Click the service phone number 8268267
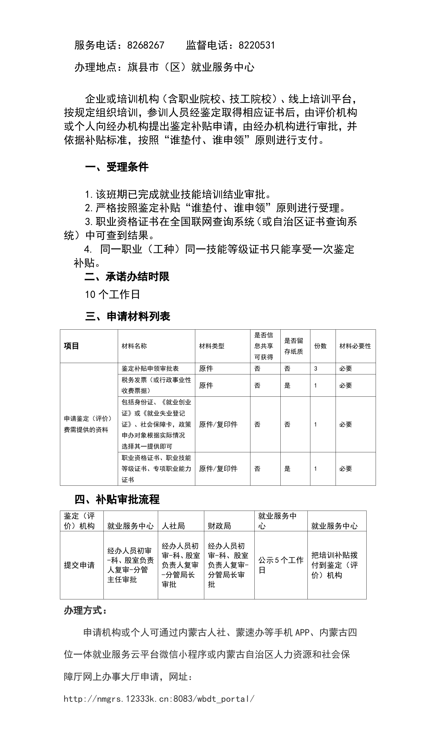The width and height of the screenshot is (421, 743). (145, 45)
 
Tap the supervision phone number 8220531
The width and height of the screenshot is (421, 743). (257, 45)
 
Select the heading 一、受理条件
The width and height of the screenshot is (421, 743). (117, 167)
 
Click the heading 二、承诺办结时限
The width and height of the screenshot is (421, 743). (127, 277)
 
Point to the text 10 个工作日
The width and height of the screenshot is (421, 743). (112, 295)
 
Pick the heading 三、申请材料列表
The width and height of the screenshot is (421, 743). (128, 316)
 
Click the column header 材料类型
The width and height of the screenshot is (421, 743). (212, 346)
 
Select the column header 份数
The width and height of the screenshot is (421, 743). (320, 346)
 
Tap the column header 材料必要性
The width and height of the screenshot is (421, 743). (355, 346)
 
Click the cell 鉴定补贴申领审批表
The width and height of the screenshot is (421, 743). (150, 369)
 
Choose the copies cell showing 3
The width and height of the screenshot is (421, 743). (316, 369)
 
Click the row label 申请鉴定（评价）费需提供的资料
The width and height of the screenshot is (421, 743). (88, 424)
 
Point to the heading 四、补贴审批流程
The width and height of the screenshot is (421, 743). (117, 499)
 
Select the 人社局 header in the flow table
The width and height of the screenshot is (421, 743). (173, 525)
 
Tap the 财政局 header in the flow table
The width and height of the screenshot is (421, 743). (219, 525)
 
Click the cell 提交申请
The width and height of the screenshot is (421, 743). (79, 565)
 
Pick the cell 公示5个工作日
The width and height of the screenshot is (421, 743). (280, 565)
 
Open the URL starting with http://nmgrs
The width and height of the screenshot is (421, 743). (159, 699)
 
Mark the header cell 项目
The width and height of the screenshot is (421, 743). (71, 346)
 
